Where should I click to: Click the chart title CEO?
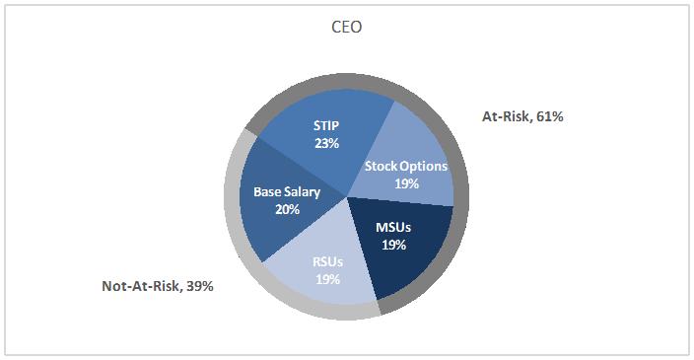click(x=345, y=28)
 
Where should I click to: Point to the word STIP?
click(x=327, y=126)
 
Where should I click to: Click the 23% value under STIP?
click(x=327, y=143)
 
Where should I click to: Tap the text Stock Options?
click(x=406, y=167)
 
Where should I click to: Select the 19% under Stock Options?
click(x=406, y=183)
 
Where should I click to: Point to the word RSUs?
click(x=327, y=262)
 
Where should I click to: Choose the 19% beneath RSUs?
click(x=327, y=279)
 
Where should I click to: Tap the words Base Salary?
click(x=287, y=192)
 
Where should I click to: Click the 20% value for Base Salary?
click(x=287, y=209)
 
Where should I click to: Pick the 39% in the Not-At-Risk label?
click(x=197, y=286)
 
